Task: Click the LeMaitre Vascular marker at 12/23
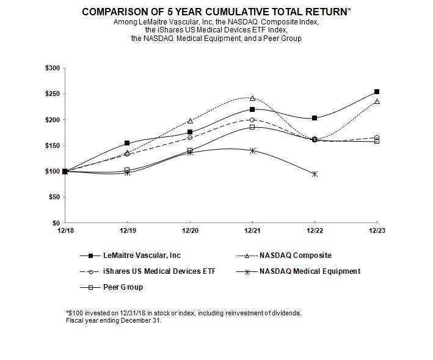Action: (x=377, y=92)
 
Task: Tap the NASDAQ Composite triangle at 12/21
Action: (x=252, y=98)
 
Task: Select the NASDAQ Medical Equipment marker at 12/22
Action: (x=315, y=174)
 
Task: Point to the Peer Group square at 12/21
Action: (x=252, y=127)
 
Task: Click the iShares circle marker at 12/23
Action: (x=377, y=138)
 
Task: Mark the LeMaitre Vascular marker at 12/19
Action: (x=127, y=143)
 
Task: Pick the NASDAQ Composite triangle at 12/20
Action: (x=190, y=120)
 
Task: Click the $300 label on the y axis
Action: (x=52, y=68)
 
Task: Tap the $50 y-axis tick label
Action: (x=54, y=197)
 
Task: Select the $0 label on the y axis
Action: (x=56, y=223)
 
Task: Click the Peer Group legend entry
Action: (x=123, y=287)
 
